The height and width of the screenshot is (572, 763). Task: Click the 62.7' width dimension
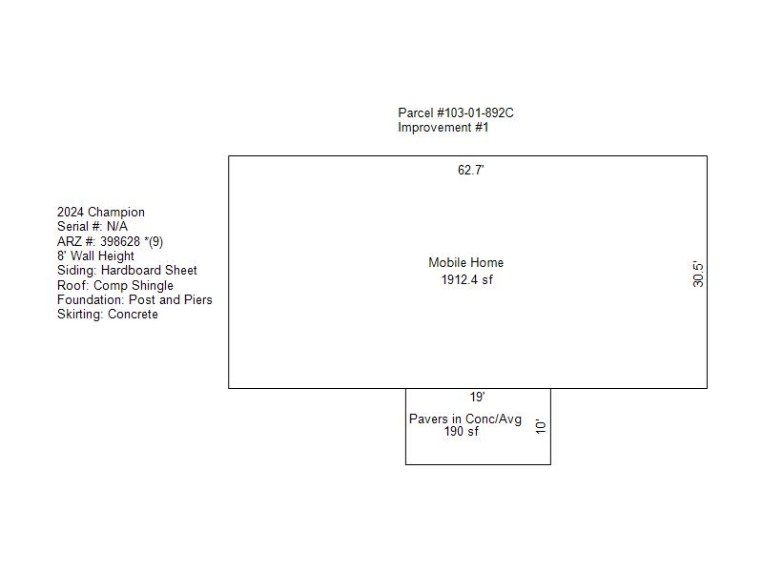470,170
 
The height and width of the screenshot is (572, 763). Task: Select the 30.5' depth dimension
698,275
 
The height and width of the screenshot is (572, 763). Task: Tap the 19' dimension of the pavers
477,397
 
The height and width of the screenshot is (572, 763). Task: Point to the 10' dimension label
541,426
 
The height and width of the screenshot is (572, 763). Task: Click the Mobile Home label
465,263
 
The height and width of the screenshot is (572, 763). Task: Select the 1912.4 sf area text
466,279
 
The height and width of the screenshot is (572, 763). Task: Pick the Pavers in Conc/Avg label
465,419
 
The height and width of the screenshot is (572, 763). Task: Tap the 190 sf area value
461,432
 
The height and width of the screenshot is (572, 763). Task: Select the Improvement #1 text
443,128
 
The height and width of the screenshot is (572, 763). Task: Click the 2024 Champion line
101,212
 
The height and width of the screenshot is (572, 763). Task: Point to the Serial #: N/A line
93,226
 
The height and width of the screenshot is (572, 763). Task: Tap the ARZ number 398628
120,241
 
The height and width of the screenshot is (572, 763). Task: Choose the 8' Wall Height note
95,255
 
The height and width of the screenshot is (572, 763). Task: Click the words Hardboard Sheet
149,271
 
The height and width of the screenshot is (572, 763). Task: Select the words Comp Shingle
134,285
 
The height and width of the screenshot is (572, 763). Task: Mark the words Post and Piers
171,299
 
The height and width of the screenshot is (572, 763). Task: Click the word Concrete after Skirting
133,315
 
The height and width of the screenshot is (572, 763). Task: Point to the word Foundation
90,299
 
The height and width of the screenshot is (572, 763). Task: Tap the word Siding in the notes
75,271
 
